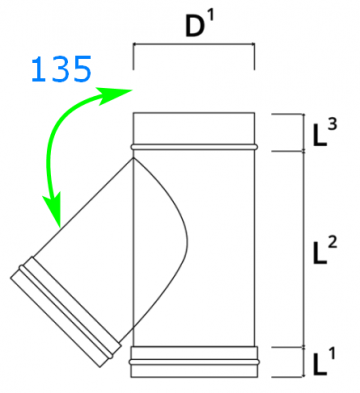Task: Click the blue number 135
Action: coord(61,69)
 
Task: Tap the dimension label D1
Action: coord(200,25)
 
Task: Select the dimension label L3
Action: coord(325,133)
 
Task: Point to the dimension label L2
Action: coord(325,250)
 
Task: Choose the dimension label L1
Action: coord(324,361)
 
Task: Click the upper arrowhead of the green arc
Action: coord(114,94)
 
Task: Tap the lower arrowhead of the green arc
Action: coord(53,209)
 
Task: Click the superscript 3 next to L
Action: coord(332,125)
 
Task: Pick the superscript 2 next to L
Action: coord(332,242)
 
